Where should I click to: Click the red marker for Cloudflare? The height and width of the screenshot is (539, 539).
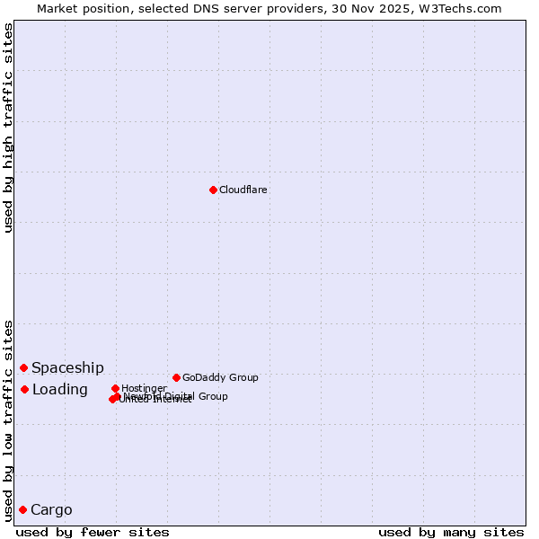213,190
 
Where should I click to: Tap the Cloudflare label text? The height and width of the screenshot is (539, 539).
243,190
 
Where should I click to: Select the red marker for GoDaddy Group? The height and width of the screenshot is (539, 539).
176,377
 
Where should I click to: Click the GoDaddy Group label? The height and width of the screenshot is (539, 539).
220,378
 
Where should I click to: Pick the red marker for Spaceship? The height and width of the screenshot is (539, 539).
24,367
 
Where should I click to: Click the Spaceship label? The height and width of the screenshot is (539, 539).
67,368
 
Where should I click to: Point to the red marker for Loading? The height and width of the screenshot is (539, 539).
24,389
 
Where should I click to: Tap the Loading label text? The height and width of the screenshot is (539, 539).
59,390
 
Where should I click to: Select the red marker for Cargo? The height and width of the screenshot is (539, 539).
22,509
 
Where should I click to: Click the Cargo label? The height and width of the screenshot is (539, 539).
51,510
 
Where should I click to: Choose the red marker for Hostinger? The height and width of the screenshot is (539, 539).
115,388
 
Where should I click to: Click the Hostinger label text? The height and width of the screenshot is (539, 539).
144,389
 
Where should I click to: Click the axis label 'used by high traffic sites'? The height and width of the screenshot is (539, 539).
8,128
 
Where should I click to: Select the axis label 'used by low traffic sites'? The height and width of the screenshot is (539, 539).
8,420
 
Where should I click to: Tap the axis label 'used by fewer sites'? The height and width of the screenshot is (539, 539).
93,533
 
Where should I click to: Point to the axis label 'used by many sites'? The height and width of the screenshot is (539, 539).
451,533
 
